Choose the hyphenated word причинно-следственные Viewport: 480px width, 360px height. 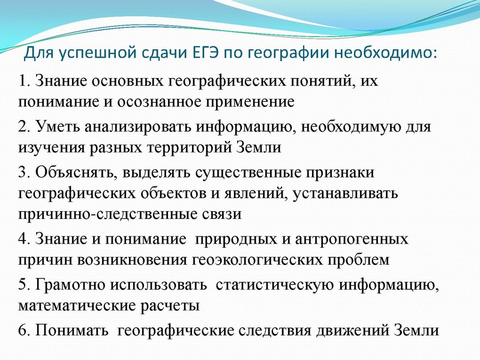[x=112, y=214]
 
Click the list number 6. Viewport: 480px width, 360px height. [x=23, y=331]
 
